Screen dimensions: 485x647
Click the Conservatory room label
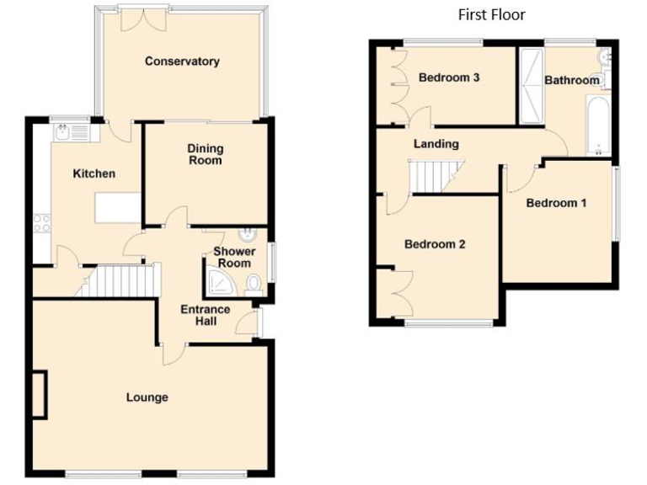click(x=182, y=61)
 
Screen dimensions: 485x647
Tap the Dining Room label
click(x=205, y=155)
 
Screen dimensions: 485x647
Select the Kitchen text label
click(x=94, y=173)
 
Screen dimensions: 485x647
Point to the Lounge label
click(x=147, y=397)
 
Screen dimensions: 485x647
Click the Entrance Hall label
click(x=206, y=315)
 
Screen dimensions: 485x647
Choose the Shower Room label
click(x=232, y=258)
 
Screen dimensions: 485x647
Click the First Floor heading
click(x=491, y=14)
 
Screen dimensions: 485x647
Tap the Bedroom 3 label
click(x=449, y=77)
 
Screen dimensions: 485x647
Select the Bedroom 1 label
click(x=557, y=203)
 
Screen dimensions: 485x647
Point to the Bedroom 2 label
click(x=435, y=244)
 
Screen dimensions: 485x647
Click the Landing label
click(x=436, y=144)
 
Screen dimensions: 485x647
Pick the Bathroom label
click(x=572, y=80)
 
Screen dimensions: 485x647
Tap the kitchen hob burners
click(x=42, y=223)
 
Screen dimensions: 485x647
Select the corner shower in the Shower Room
click(x=217, y=283)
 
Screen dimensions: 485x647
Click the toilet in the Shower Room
click(x=254, y=286)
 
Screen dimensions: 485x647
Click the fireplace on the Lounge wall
click(x=40, y=394)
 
